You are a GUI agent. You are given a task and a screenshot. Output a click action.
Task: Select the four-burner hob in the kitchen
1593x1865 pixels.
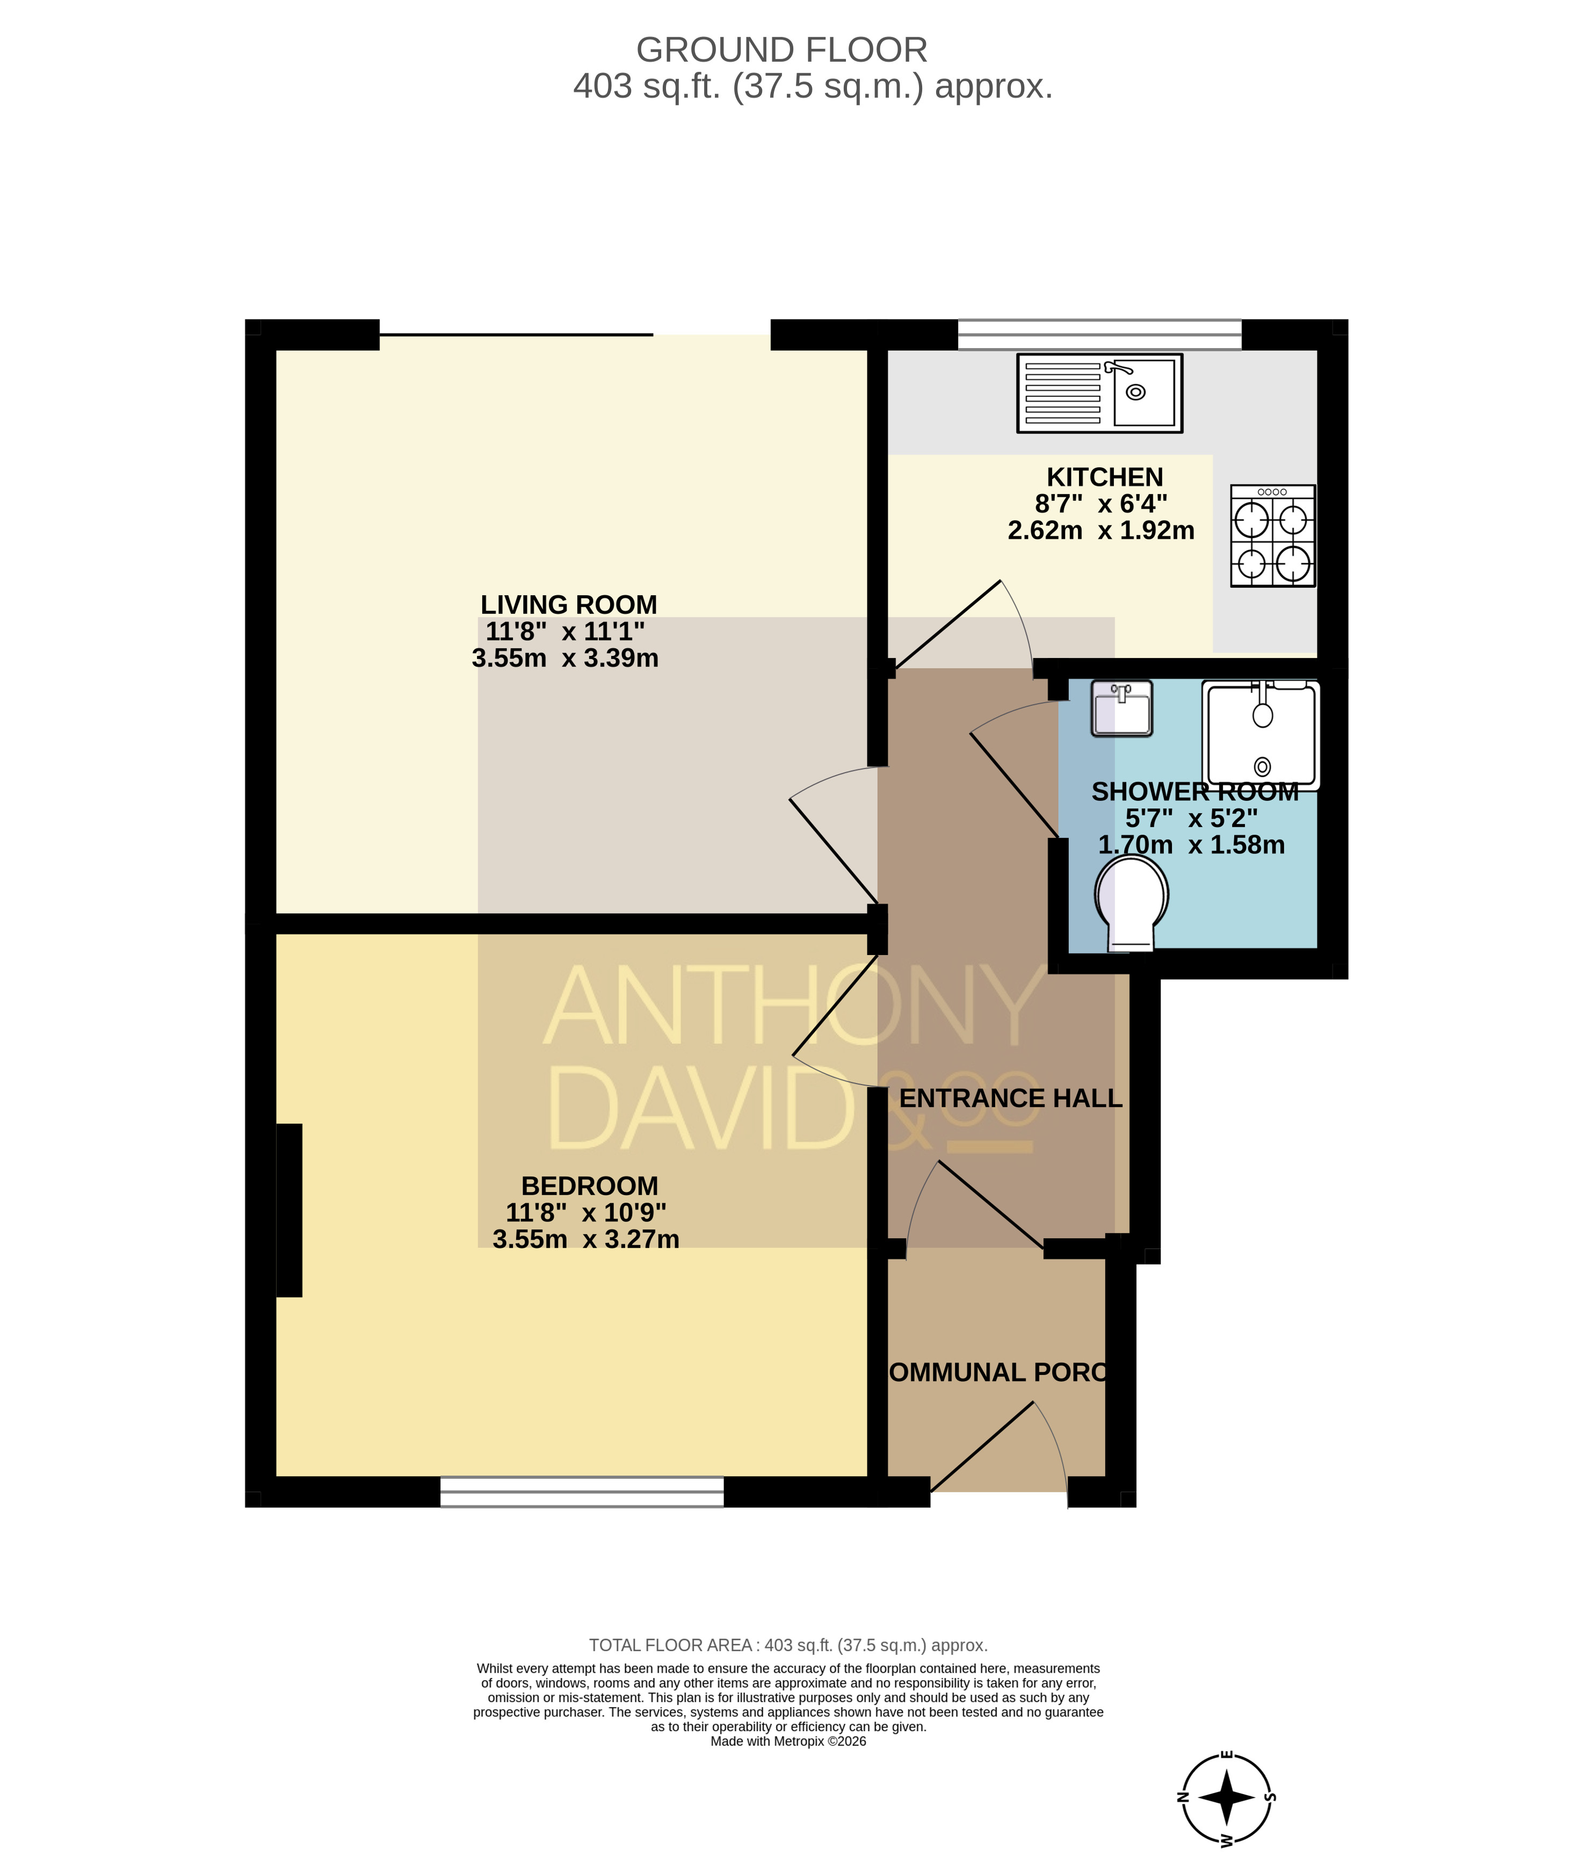pos(1272,536)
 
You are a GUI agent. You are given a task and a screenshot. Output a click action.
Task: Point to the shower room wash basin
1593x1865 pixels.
pos(1121,709)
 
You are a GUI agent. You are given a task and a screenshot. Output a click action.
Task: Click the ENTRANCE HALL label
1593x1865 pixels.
pos(1011,1098)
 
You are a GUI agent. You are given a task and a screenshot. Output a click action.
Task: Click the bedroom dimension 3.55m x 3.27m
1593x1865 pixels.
pos(586,1239)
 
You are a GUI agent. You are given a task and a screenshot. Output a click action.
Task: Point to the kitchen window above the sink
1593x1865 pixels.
pos(1100,335)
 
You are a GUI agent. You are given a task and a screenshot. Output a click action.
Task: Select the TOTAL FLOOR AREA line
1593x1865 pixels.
pos(788,1645)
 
